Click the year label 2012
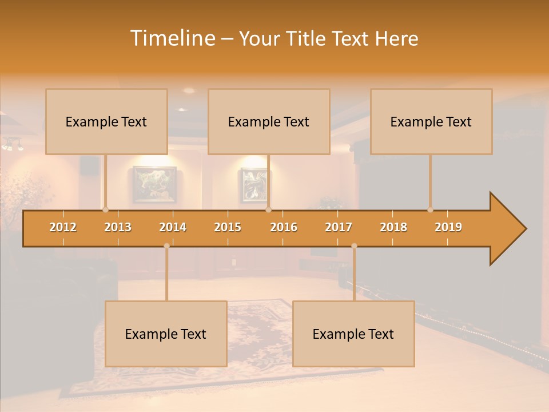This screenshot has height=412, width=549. [63, 227]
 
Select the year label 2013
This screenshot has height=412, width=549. [118, 227]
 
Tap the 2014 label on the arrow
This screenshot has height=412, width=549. [173, 227]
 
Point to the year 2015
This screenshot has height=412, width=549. [228, 227]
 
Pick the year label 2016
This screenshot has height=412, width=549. [284, 227]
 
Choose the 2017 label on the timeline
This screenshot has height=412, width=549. [339, 227]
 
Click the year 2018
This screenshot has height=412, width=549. [393, 227]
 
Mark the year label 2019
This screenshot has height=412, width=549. [448, 227]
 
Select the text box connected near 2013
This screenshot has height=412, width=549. [106, 121]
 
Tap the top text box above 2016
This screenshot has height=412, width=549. [269, 121]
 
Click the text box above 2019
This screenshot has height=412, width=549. [431, 121]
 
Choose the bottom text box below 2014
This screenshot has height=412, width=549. [166, 334]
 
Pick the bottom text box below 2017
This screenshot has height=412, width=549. [353, 334]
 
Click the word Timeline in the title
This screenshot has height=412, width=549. [172, 38]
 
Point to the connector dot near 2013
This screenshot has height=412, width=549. [105, 209]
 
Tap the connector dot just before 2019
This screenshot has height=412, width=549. [430, 209]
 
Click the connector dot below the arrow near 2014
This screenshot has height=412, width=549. [166, 246]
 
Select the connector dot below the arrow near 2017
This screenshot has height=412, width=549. [354, 246]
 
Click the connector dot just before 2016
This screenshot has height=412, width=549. [268, 209]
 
